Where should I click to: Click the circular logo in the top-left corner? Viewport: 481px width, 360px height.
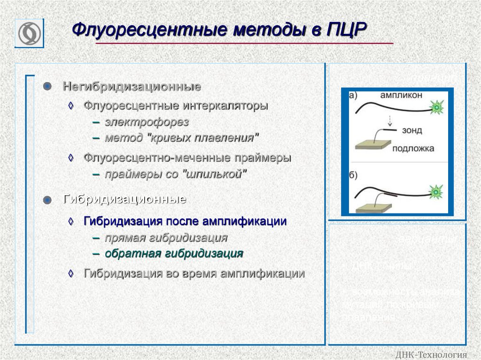pyautogui.click(x=29, y=33)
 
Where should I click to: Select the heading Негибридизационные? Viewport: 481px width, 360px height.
pyautogui.click(x=132, y=87)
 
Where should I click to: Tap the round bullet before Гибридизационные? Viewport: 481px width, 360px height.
pyautogui.click(x=47, y=200)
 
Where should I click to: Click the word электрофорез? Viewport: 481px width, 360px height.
pyautogui.click(x=147, y=123)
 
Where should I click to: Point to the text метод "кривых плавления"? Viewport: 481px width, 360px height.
pyautogui.click(x=182, y=138)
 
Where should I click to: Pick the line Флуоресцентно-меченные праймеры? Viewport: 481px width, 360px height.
pyautogui.click(x=187, y=158)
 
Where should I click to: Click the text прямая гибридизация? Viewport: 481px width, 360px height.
pyautogui.click(x=166, y=238)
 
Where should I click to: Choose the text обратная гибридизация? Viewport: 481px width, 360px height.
pyautogui.click(x=174, y=254)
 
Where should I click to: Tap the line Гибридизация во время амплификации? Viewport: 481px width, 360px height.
pyautogui.click(x=194, y=273)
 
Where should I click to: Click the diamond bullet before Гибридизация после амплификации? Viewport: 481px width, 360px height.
pyautogui.click(x=71, y=221)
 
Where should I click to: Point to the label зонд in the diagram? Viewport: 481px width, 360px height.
pyautogui.click(x=412, y=130)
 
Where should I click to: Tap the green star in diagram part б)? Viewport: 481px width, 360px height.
pyautogui.click(x=436, y=191)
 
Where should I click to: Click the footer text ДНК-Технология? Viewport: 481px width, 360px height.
pyautogui.click(x=432, y=354)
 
